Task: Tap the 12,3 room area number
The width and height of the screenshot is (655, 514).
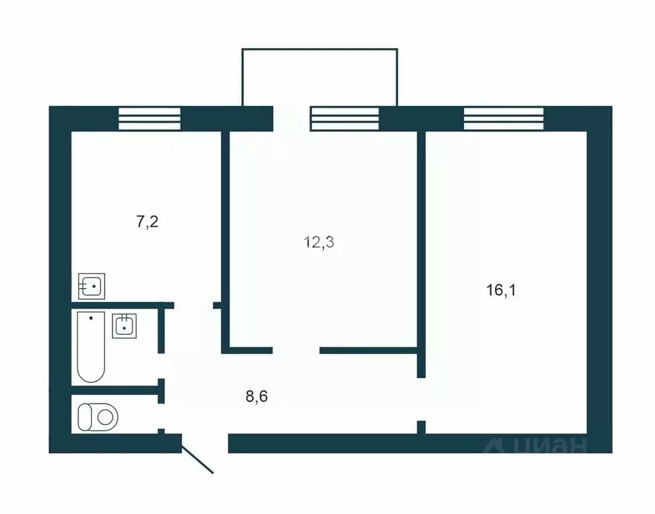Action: [x=319, y=242]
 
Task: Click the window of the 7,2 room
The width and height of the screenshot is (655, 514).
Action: [x=150, y=118]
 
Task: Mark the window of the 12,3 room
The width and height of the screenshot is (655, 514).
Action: [x=345, y=118]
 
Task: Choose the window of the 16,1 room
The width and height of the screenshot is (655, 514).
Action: [x=504, y=118]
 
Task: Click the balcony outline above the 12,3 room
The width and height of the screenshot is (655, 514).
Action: [x=319, y=49]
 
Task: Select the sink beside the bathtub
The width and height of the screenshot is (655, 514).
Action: [x=124, y=326]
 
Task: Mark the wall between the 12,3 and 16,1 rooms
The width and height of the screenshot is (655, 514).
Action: [x=421, y=248]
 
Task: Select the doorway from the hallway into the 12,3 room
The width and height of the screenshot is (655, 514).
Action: [x=296, y=349]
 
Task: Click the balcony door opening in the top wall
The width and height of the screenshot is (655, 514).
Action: [x=291, y=118]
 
